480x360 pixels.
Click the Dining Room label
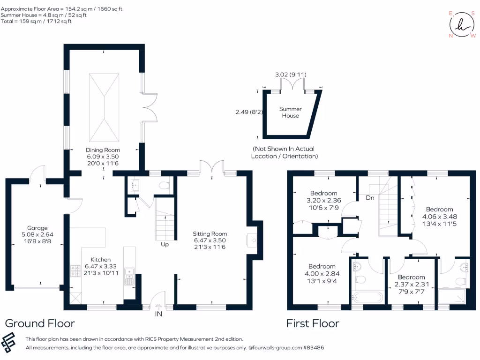click(103, 150)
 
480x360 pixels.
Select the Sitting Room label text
click(210, 234)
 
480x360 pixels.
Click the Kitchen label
click(100, 259)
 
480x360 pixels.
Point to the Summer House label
click(290, 112)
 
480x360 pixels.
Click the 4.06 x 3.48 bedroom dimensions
click(439, 217)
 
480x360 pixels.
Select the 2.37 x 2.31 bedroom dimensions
click(411, 284)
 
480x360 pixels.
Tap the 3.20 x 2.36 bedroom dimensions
click(323, 201)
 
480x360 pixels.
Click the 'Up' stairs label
click(165, 244)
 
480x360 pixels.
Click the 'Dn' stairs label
click(370, 198)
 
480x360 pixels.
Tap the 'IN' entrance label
click(158, 314)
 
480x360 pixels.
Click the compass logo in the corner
click(462, 25)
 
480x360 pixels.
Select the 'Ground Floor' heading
click(40, 323)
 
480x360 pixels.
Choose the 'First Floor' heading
click(313, 323)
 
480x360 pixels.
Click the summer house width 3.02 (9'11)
click(291, 75)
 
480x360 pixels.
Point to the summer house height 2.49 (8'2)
click(245, 112)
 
